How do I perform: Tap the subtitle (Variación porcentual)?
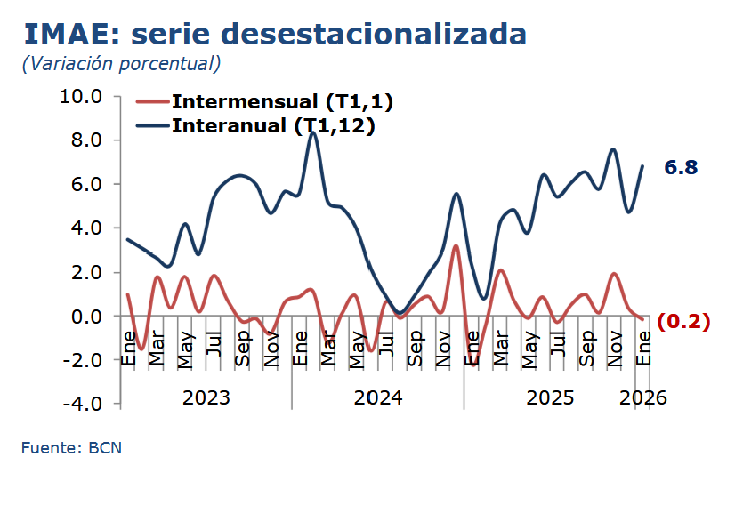(x=121, y=64)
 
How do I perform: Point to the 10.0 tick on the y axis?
(x=81, y=96)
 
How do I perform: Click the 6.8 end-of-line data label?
(x=681, y=167)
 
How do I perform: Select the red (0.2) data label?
(x=683, y=322)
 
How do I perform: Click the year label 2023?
(x=206, y=397)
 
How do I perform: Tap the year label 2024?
(x=378, y=397)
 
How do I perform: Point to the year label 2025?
(x=550, y=397)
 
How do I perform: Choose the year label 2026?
(x=643, y=397)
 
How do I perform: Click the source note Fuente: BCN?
(x=71, y=448)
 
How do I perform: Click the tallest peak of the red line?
(x=456, y=246)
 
